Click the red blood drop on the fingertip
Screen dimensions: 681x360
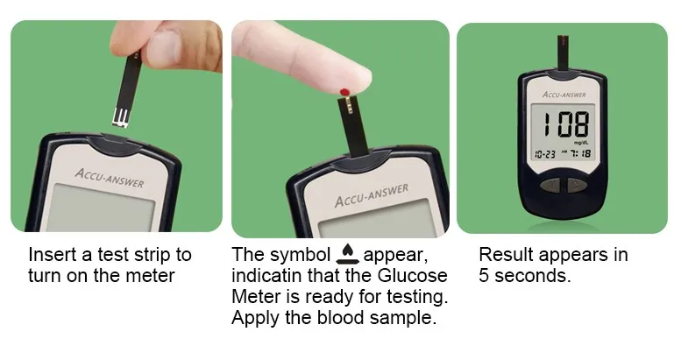tap(344, 92)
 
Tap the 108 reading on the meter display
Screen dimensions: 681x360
tap(566, 124)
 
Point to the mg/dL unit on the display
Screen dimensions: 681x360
tap(581, 143)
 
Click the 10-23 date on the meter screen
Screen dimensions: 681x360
tap(544, 154)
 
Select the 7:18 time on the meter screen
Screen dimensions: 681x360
tap(581, 154)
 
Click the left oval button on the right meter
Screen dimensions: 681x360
tap(551, 186)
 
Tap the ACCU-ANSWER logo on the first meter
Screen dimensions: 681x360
tap(109, 178)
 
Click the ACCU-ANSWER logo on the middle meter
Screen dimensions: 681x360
tap(372, 195)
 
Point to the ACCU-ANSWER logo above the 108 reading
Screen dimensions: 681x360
tap(564, 95)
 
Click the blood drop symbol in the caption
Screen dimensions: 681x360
tap(347, 255)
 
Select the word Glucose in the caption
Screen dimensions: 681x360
tap(412, 275)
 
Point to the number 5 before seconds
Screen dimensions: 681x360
tap(484, 276)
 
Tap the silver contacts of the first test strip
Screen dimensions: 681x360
tap(121, 117)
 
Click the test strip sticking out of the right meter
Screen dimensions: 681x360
tap(563, 53)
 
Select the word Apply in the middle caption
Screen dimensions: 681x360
tap(255, 318)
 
